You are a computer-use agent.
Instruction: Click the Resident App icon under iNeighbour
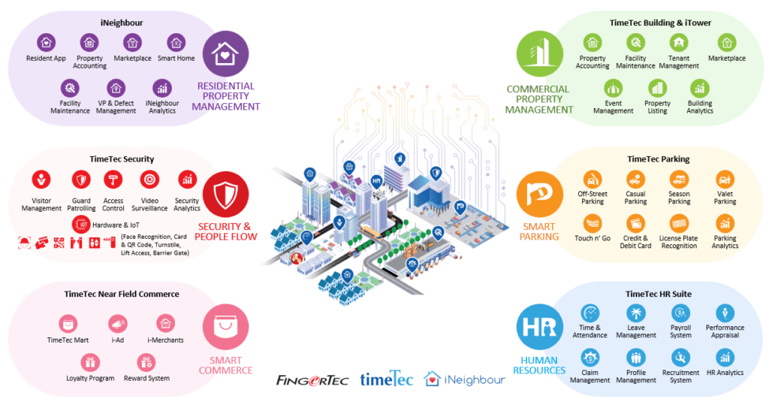[47, 42]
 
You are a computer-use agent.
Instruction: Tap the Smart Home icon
[176, 42]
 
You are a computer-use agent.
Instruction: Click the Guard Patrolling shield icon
[80, 180]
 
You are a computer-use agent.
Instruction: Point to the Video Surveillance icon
[149, 180]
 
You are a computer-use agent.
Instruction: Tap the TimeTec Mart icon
[68, 324]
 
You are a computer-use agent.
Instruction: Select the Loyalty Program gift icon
[90, 362]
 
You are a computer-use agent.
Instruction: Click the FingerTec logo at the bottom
[312, 379]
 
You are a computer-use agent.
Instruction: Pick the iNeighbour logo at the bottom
[465, 379]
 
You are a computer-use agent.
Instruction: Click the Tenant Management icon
[679, 42]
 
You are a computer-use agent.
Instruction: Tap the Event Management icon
[613, 88]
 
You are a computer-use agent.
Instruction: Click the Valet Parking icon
[725, 179]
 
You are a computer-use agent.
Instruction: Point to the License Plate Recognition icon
[679, 223]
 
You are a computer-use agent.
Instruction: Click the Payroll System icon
[680, 313]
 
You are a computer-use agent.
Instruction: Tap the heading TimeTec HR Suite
[659, 294]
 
